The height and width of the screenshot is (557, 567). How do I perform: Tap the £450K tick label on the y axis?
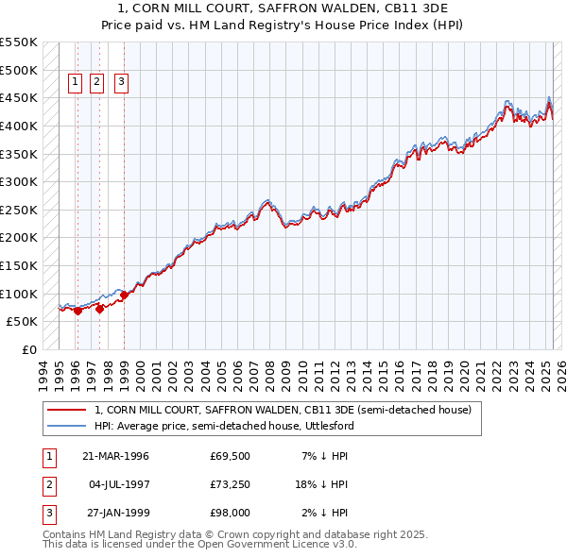(18, 98)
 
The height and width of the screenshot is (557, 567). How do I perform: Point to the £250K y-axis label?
(18, 210)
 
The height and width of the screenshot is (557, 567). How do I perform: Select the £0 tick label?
(28, 349)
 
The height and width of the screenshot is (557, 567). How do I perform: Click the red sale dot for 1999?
(124, 295)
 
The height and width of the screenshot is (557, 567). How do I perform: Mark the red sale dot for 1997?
(99, 308)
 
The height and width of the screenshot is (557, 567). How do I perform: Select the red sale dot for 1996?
(78, 311)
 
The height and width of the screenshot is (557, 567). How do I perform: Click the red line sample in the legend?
(66, 410)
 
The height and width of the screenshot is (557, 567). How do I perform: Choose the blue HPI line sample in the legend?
(66, 426)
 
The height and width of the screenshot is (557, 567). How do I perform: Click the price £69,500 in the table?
(231, 456)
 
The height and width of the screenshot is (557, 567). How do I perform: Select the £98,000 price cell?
(231, 513)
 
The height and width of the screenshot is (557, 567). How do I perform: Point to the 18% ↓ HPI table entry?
(321, 484)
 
